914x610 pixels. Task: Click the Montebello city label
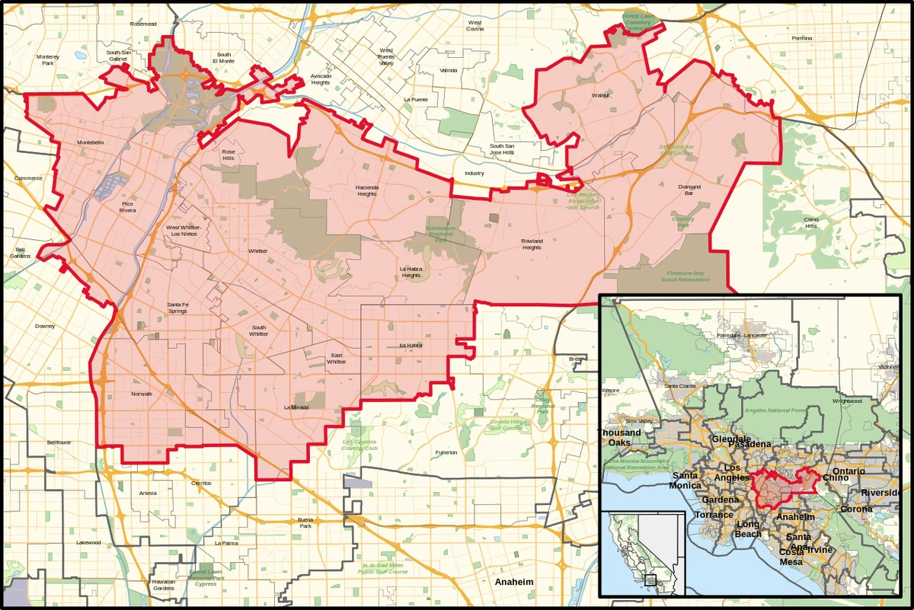coord(90,142)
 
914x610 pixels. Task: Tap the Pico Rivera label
coord(132,207)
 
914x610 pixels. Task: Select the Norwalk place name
coord(142,394)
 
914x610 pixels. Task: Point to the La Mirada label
coord(296,407)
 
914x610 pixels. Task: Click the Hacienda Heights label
coord(366,190)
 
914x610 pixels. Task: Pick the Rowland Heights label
coord(531,244)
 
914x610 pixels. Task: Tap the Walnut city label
coord(602,96)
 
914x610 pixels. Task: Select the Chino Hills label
coord(810,222)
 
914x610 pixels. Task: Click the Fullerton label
coord(446,452)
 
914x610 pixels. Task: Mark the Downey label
coord(45,326)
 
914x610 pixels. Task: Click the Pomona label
coord(801,38)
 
